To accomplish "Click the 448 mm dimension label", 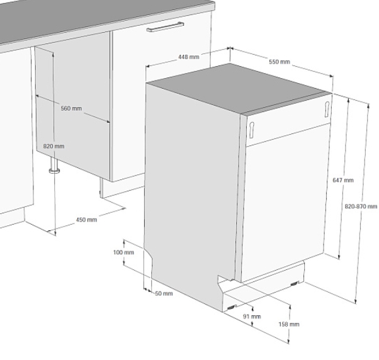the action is (189, 57).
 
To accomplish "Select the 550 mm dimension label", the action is (279, 62).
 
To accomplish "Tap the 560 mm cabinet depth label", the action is (71, 108).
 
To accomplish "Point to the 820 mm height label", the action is (54, 146).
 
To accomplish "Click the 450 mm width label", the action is (86, 220).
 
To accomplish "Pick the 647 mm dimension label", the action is (343, 180).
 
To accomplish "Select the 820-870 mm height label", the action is (361, 206).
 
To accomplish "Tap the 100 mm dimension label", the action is (123, 252).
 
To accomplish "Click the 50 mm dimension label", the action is (164, 293).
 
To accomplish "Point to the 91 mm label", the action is (252, 317).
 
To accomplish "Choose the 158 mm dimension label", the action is (289, 324).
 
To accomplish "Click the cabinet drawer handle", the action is (165, 27).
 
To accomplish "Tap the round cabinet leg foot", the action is (55, 171).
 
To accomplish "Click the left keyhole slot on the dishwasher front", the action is (252, 130).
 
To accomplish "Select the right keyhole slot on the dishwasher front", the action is (327, 110).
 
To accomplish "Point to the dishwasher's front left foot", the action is (231, 308).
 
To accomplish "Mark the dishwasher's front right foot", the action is (295, 284).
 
